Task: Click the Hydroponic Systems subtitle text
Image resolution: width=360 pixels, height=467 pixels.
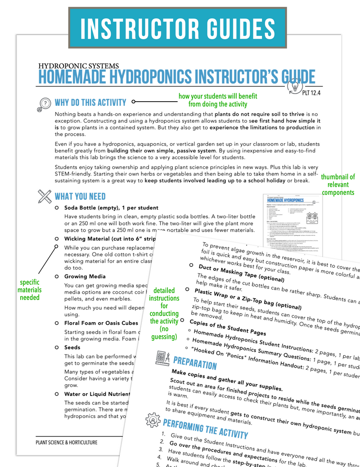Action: click(79, 66)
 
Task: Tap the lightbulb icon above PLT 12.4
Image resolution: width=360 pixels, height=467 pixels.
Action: click(294, 84)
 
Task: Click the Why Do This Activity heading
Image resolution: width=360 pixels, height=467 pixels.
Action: click(90, 102)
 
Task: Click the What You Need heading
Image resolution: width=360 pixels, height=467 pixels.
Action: click(80, 196)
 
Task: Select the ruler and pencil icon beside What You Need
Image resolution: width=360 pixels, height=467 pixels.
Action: click(45, 196)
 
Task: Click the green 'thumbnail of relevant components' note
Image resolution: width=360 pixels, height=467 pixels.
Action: click(337, 184)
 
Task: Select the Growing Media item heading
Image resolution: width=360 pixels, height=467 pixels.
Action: click(85, 276)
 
